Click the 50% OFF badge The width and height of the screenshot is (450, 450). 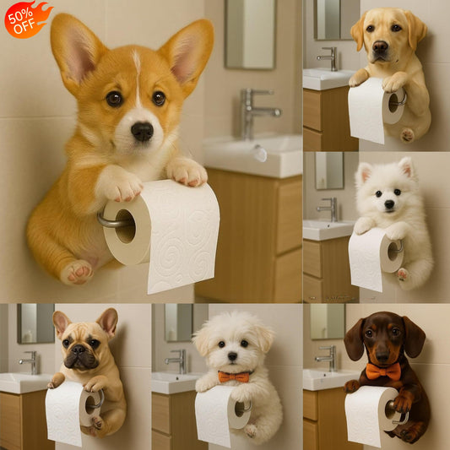27,18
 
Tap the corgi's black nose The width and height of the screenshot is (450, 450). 142,131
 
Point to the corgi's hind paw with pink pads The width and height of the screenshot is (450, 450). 78,271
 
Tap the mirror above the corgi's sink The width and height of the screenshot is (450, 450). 250,34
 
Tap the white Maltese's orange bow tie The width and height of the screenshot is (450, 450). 233,377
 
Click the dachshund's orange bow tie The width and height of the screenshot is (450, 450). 382,371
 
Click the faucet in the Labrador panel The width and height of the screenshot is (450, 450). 330,57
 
